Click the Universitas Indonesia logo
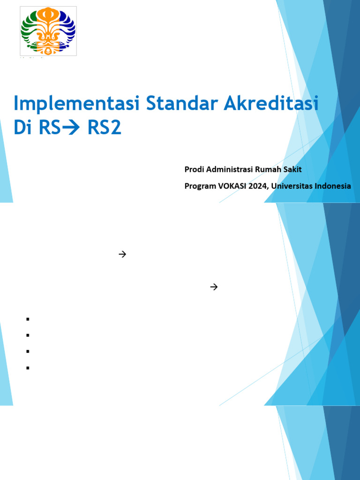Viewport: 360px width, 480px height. (48, 31)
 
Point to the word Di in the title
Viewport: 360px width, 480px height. (22, 127)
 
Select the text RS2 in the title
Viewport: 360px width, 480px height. (105, 127)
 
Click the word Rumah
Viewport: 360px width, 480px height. (272, 169)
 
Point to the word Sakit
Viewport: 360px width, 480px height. (294, 169)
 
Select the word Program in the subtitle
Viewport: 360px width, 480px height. (200, 186)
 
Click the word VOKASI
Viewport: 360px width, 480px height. (232, 186)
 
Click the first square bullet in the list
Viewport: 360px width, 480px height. (28, 319)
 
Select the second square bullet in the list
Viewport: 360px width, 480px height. (28, 335)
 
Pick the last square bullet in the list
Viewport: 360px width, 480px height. (28, 368)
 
